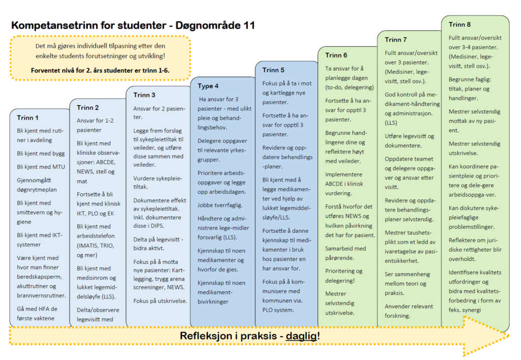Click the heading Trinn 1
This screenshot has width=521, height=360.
click(27, 118)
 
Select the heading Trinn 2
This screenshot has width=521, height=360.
click(88, 108)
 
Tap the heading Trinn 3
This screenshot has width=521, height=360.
click(144, 95)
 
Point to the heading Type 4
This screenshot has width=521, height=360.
click(208, 86)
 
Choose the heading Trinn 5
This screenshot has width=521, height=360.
click(273, 70)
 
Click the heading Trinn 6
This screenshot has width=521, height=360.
click(336, 55)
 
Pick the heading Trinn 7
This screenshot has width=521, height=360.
click(396, 40)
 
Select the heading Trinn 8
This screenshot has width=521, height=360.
click(459, 24)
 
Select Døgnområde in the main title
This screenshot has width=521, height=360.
click(206, 25)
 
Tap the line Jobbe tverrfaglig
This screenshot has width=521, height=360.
click(220, 205)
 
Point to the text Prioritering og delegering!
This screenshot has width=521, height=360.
click(344, 275)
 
